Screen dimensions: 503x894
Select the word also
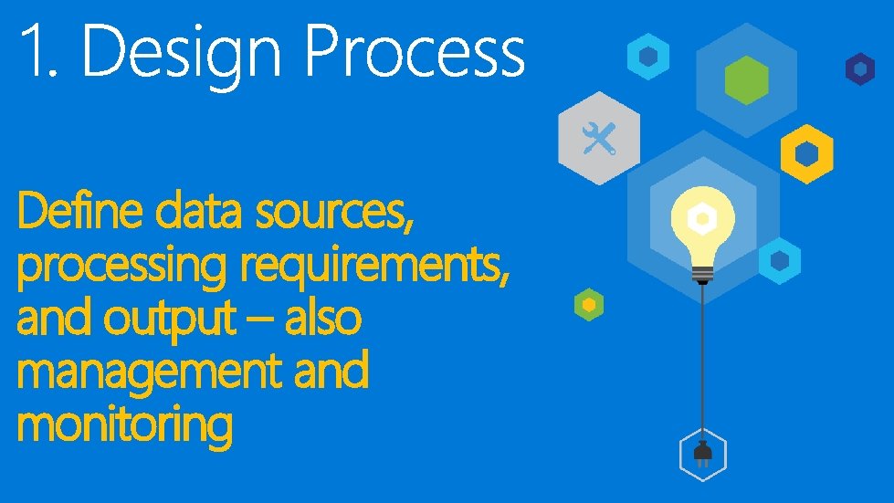[325, 320]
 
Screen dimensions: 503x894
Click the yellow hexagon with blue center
[806, 152]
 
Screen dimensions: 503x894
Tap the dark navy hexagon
[859, 69]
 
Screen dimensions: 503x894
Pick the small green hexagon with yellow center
[589, 304]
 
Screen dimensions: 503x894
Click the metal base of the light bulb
[701, 272]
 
